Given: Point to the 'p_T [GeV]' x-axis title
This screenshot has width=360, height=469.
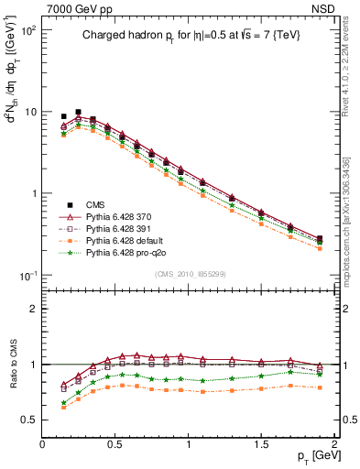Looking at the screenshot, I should (x=311, y=456).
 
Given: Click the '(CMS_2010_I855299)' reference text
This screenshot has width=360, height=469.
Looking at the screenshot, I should (x=189, y=274).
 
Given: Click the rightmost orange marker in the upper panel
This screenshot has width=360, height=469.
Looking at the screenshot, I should (x=319, y=248).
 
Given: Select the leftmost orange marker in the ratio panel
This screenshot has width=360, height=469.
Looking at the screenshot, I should (x=63, y=407).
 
